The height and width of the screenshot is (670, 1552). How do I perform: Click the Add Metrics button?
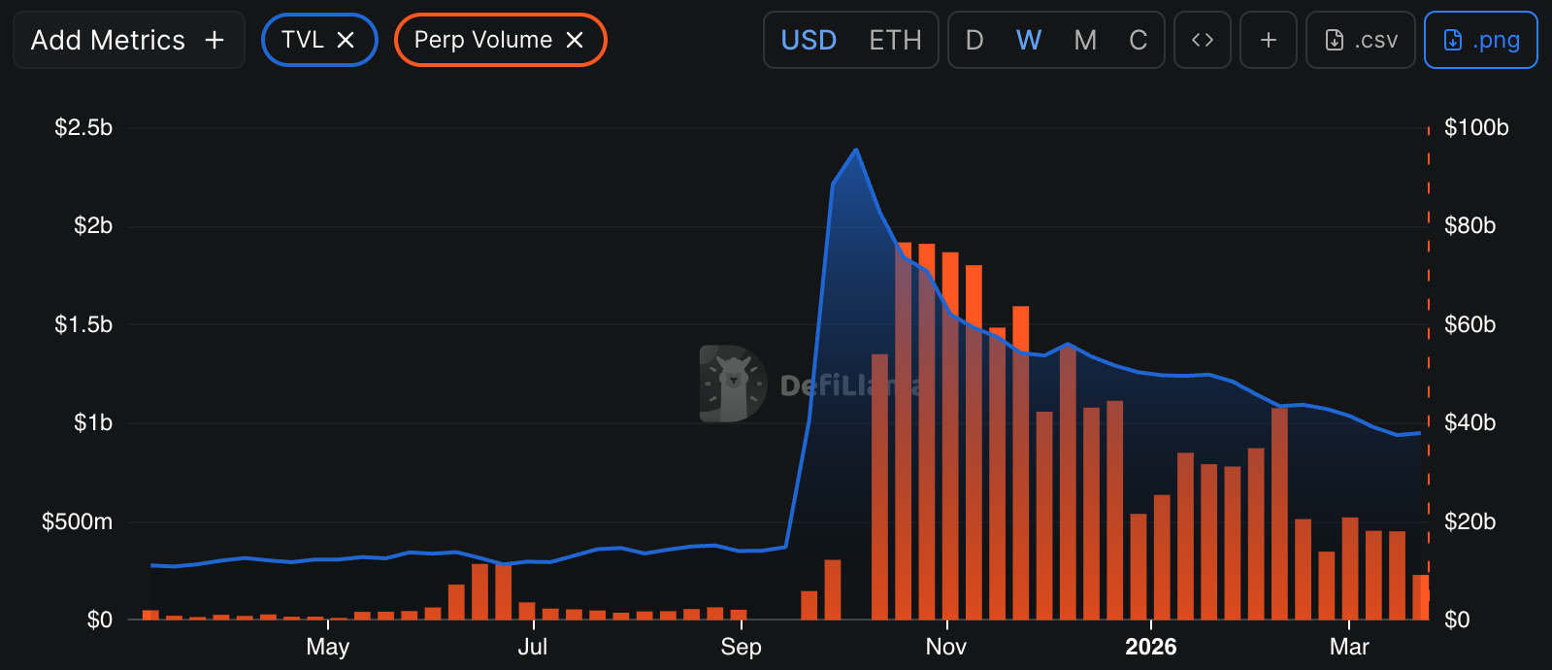click(x=128, y=40)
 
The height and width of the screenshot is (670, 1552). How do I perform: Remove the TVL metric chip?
click(x=346, y=40)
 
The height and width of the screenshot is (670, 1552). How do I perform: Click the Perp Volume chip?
click(x=482, y=40)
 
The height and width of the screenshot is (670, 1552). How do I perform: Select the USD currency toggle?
click(x=809, y=40)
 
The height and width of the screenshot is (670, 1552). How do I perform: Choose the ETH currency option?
click(x=895, y=40)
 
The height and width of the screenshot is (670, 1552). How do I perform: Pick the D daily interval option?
click(x=974, y=40)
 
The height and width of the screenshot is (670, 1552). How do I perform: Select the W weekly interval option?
click(x=1029, y=40)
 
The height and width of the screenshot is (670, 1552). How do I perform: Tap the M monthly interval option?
click(x=1085, y=40)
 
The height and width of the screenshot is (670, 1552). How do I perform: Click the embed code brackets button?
click(x=1203, y=40)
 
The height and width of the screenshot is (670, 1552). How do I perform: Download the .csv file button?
click(x=1361, y=40)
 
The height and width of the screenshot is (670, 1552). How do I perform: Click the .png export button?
click(x=1480, y=40)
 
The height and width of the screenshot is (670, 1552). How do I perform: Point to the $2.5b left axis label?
click(x=83, y=127)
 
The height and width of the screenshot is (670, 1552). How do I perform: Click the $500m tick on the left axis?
click(x=77, y=521)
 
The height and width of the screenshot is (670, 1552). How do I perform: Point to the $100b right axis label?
click(x=1476, y=127)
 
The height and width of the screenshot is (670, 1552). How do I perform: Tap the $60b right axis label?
click(x=1469, y=324)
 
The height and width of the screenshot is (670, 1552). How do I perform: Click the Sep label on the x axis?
click(x=741, y=647)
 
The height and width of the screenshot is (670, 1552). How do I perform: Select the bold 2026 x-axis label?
click(x=1150, y=647)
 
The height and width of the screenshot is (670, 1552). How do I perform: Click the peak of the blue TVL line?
click(x=856, y=150)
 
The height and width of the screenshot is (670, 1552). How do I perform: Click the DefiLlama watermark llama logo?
click(x=733, y=384)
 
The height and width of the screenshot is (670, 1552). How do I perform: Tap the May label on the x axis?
click(x=327, y=647)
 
